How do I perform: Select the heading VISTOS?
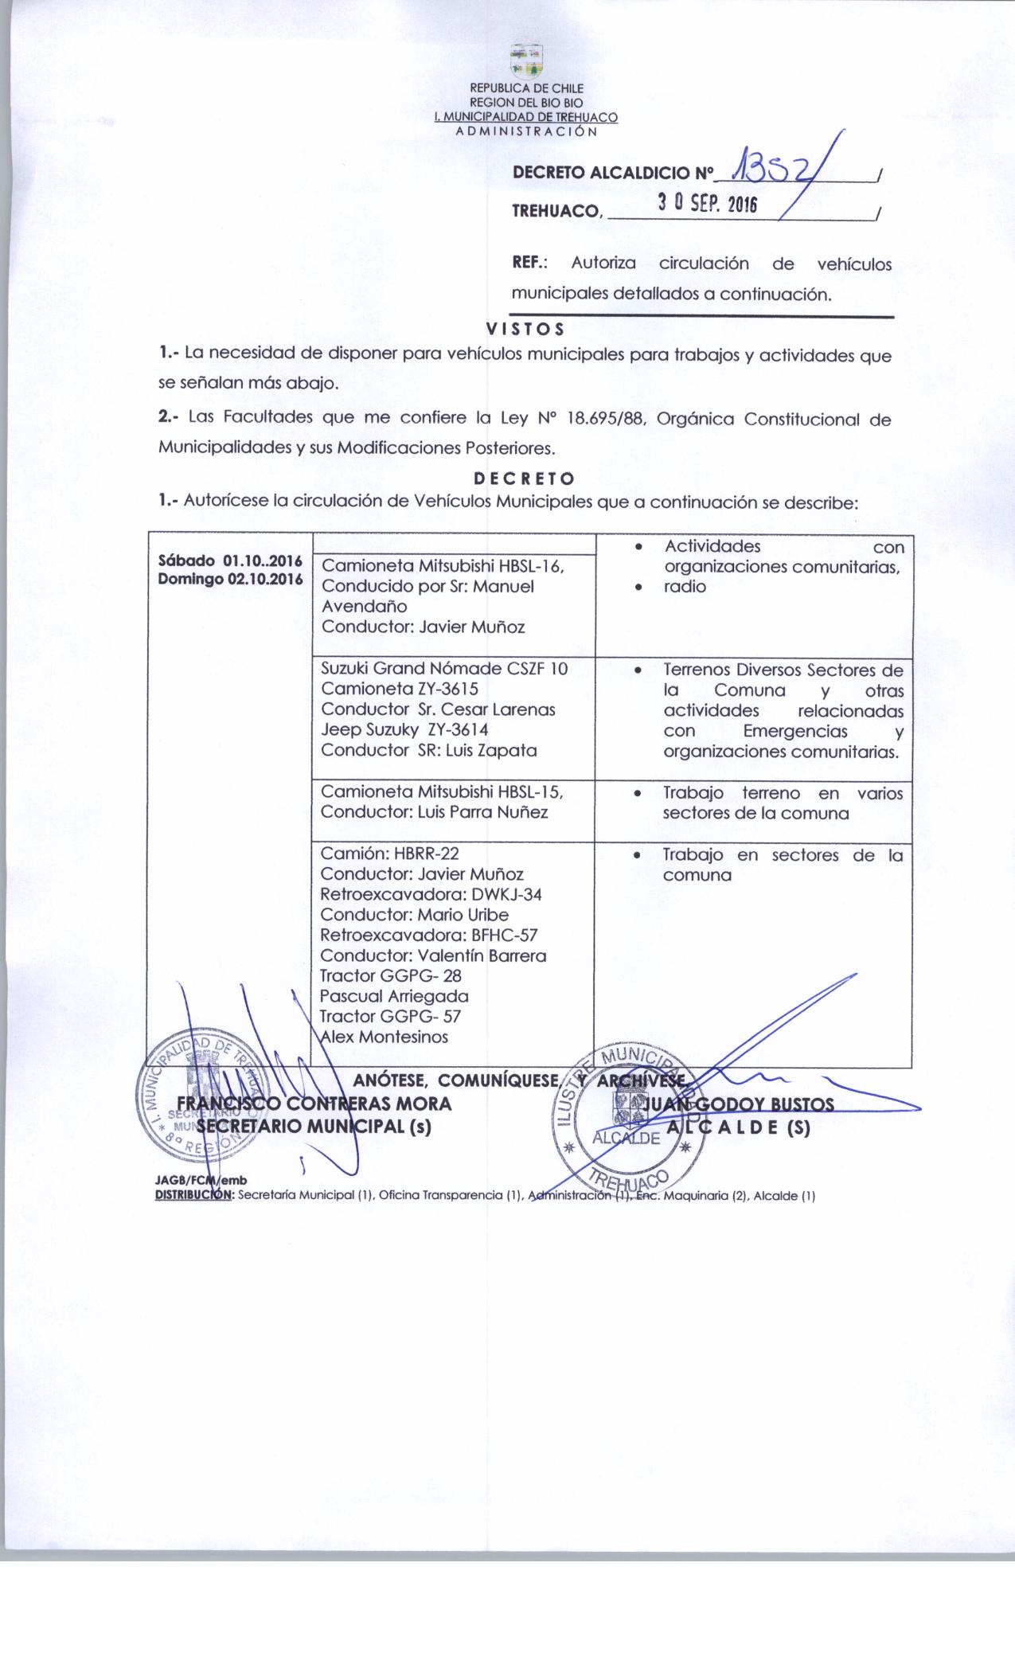(x=525, y=329)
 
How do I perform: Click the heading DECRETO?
(x=524, y=479)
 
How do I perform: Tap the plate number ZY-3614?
(x=457, y=729)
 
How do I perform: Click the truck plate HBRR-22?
(x=426, y=854)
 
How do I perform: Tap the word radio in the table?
(x=685, y=587)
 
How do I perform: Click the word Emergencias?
(x=787, y=731)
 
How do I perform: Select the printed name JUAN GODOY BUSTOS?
(x=740, y=1104)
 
